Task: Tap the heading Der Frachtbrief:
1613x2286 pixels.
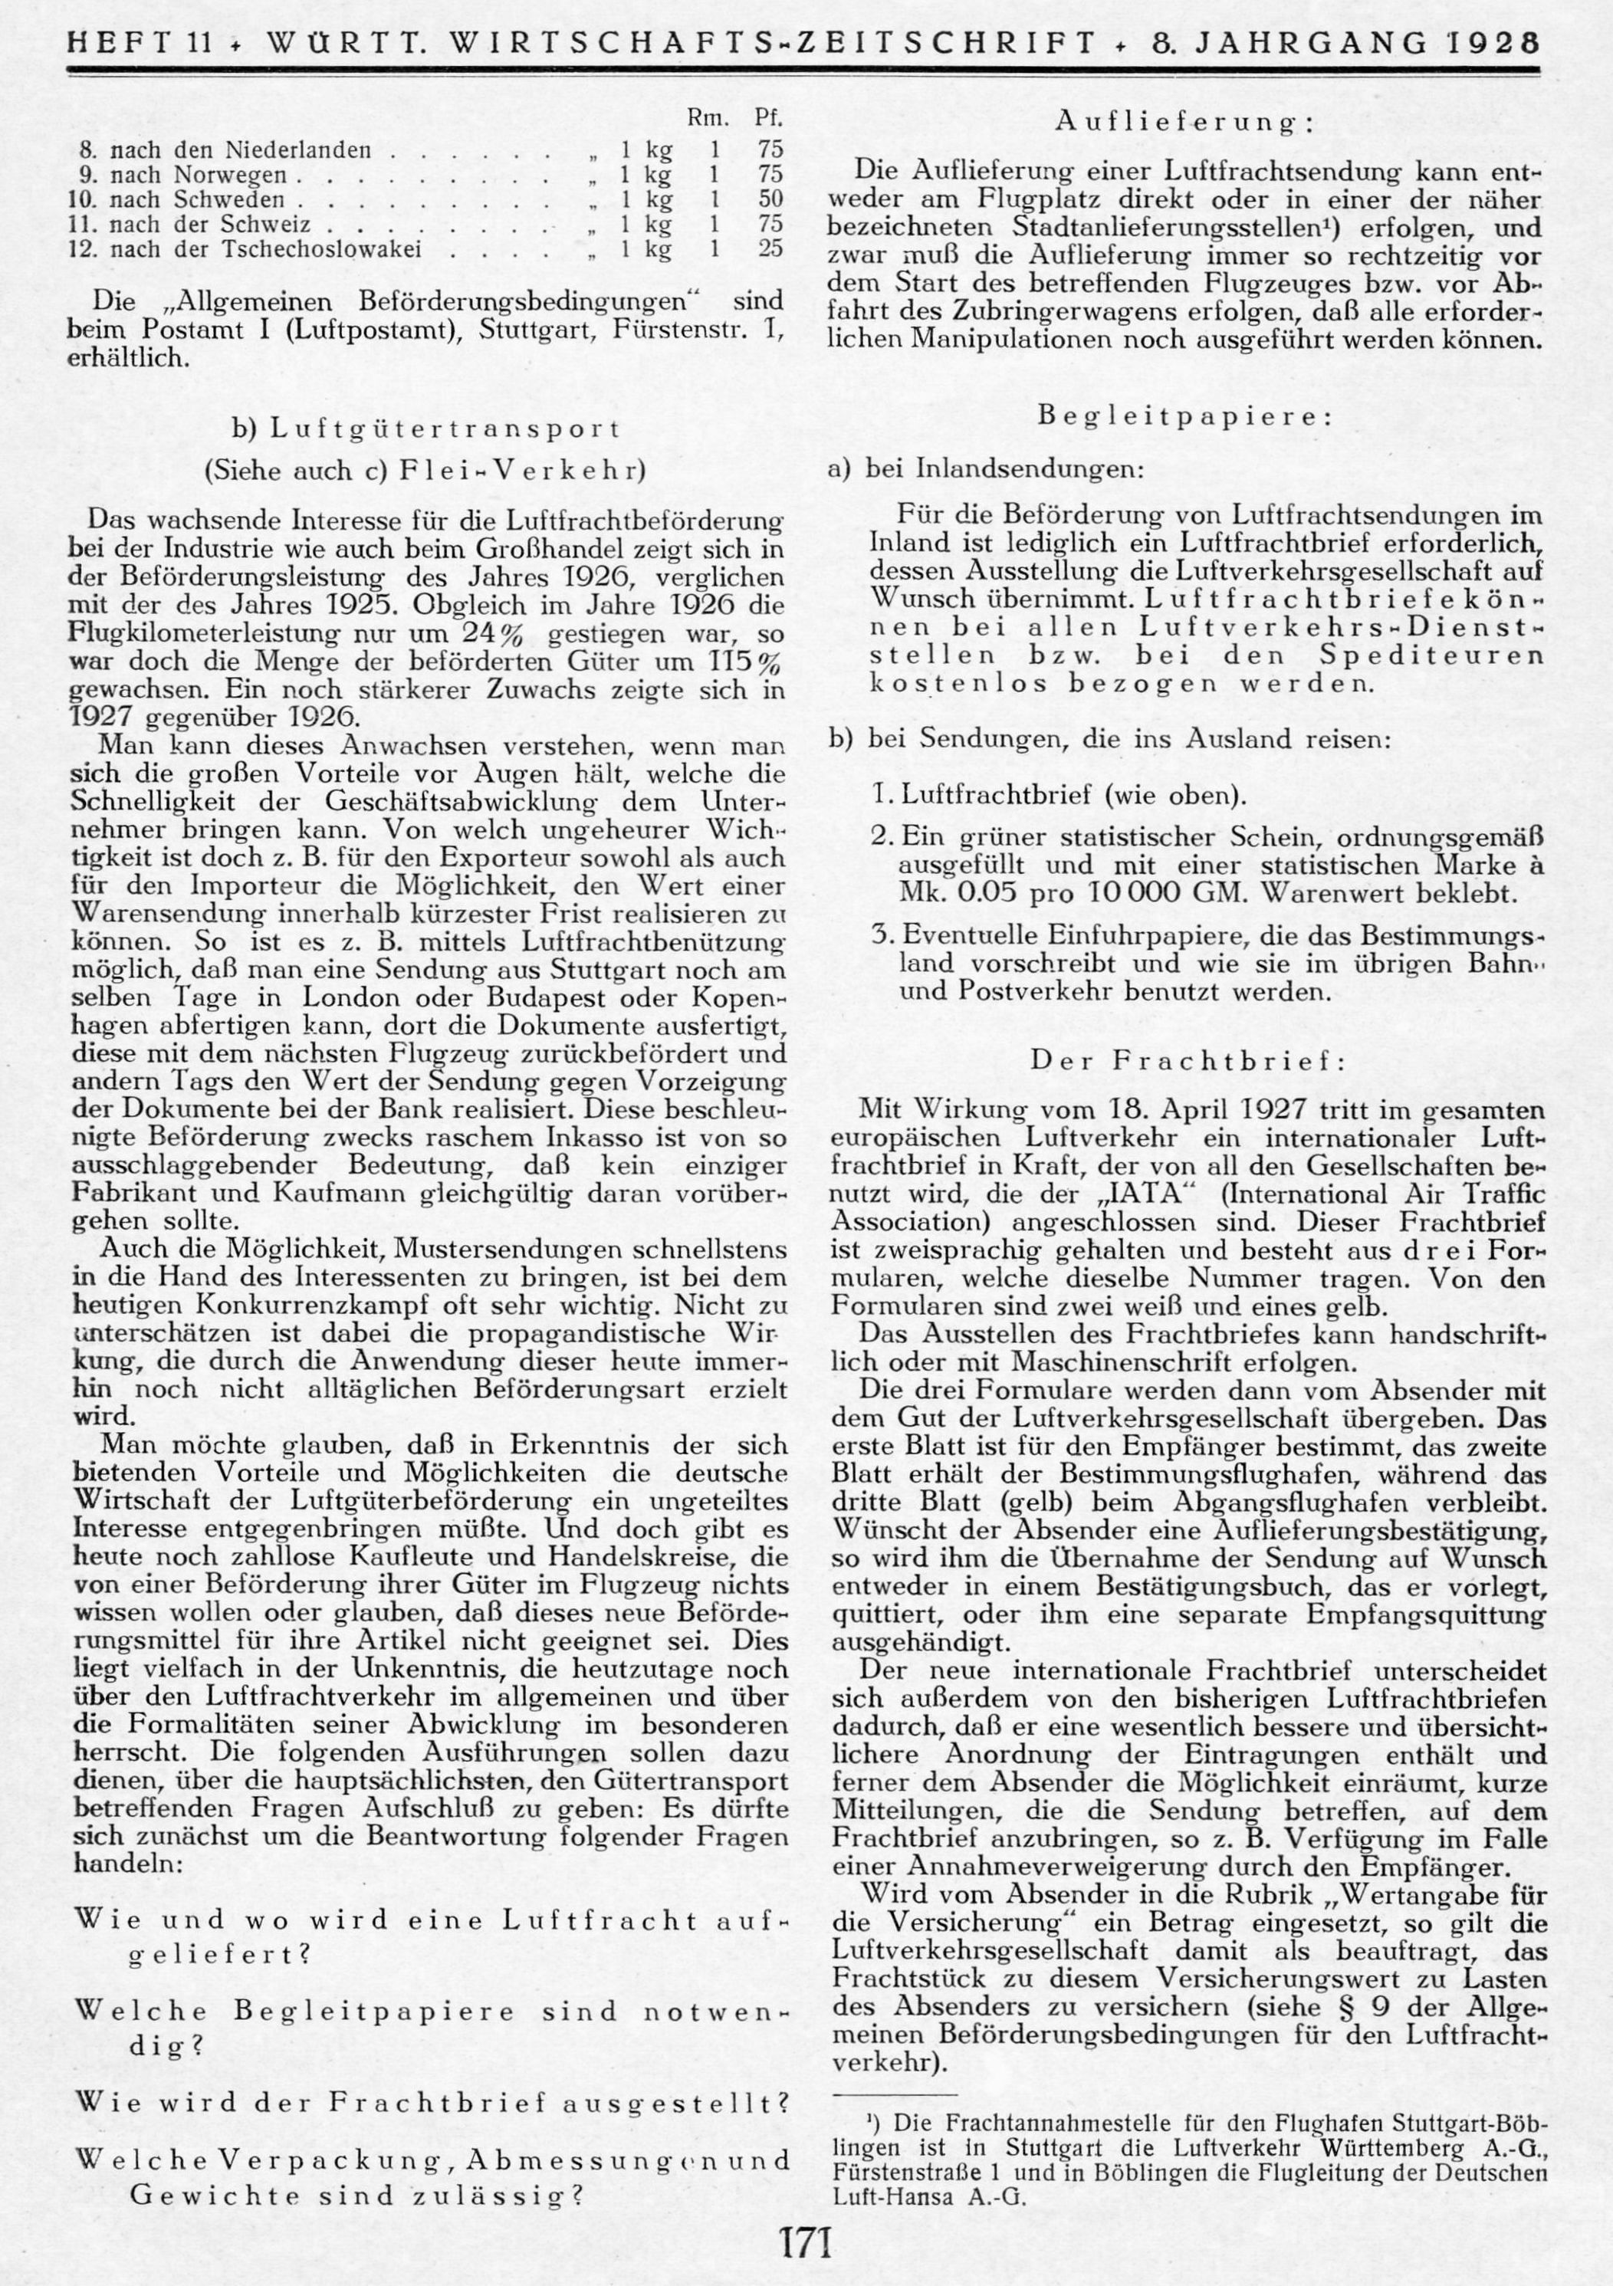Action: click(1188, 1060)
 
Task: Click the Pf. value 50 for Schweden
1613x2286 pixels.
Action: click(770, 199)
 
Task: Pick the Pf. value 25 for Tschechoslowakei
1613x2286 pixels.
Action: click(770, 249)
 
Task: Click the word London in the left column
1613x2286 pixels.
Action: click(343, 997)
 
